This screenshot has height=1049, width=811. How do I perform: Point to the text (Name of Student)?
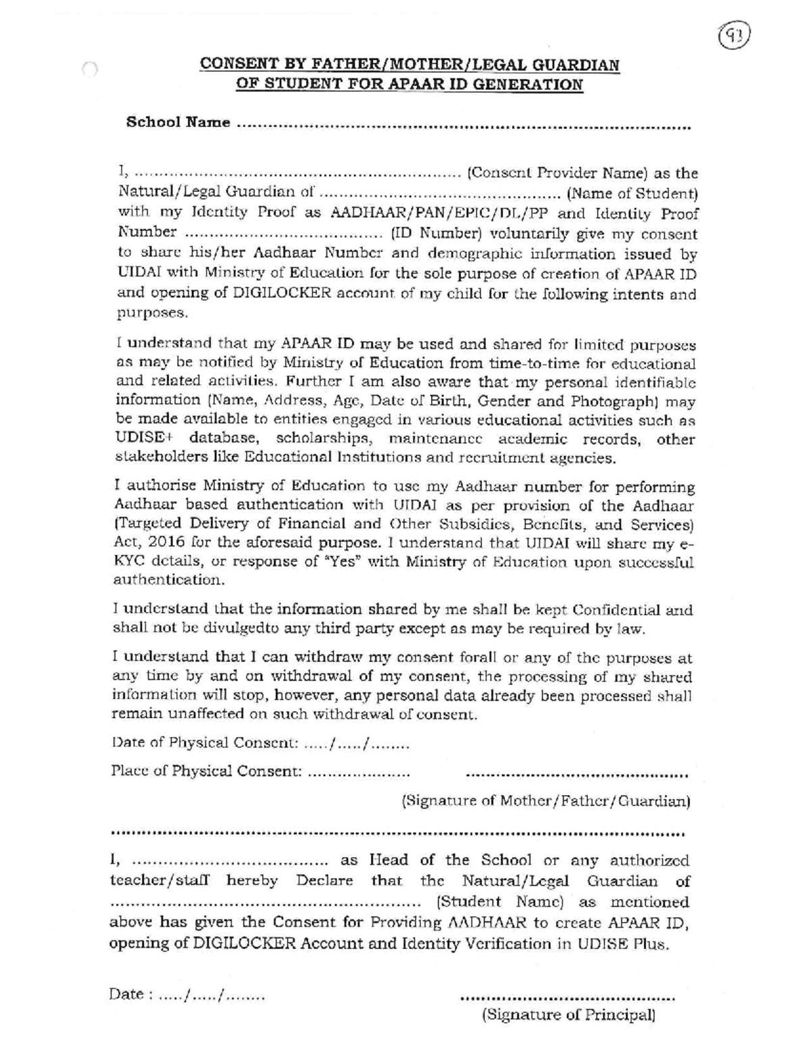click(x=631, y=195)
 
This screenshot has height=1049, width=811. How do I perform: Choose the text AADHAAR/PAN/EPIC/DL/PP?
click(x=441, y=214)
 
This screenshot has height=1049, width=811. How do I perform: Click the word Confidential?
click(x=616, y=611)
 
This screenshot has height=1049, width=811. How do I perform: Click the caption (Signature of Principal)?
click(x=568, y=1015)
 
